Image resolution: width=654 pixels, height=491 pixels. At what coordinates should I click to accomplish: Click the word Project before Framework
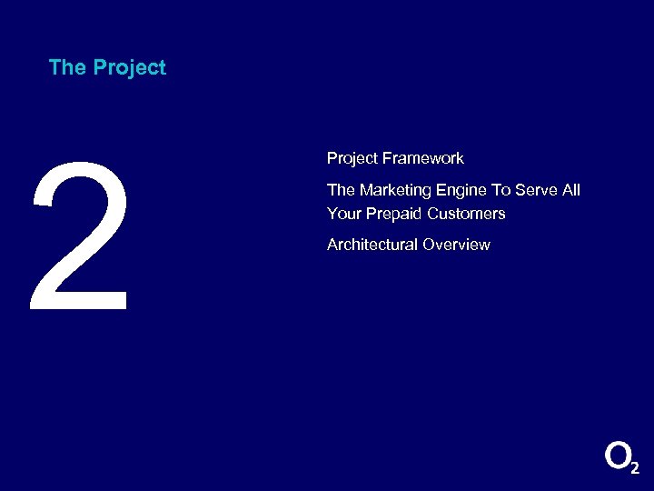pos(352,159)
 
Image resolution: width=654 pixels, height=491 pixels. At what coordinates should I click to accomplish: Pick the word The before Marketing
pos(341,190)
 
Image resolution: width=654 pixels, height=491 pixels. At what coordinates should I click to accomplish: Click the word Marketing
pos(393,190)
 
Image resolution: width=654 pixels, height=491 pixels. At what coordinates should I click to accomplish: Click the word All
pos(570,190)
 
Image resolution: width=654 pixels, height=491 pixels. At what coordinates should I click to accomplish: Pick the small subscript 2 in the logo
pos(634,467)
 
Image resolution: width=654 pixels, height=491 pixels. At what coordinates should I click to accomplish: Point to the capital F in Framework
pos(387,158)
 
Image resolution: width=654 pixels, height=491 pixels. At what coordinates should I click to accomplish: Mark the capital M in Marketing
pos(366,190)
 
